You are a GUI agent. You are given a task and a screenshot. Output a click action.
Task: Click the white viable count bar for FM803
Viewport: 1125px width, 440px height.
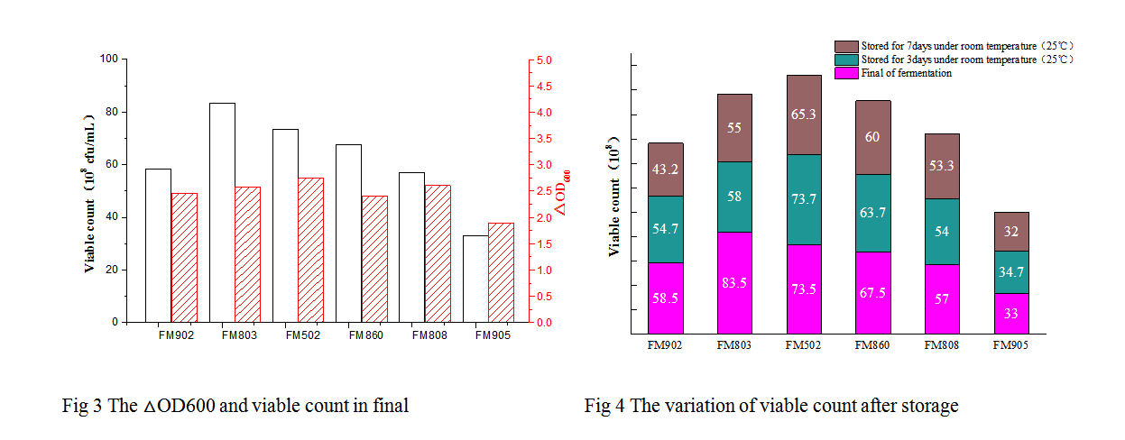pos(222,212)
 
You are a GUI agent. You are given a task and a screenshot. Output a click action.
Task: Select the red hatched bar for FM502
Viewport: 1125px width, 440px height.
pos(311,249)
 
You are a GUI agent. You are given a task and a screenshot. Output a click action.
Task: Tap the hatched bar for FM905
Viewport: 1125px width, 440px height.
pos(501,271)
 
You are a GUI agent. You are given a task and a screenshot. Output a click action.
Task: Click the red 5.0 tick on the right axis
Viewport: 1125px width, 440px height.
pos(545,60)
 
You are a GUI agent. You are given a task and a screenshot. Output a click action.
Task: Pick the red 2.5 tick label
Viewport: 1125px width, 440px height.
pos(545,191)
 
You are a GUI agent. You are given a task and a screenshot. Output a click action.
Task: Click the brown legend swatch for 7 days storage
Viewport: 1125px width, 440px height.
pos(846,46)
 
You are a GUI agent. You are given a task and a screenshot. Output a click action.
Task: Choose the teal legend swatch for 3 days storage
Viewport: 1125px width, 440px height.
pos(846,60)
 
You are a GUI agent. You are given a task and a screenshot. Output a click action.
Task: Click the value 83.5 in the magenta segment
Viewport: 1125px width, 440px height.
pos(734,283)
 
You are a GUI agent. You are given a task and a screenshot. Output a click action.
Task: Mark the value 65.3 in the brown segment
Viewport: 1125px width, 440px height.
pos(804,115)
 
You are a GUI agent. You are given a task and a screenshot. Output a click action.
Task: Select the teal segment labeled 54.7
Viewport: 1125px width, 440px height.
pos(666,229)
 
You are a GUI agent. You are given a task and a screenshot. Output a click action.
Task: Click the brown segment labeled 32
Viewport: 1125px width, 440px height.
pos(1011,232)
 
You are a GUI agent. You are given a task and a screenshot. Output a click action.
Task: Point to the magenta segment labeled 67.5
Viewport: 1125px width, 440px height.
pos(873,292)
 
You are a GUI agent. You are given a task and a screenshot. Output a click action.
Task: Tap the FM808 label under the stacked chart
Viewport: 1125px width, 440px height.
pos(942,344)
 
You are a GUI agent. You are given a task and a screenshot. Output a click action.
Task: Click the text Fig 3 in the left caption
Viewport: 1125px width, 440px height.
pos(76,406)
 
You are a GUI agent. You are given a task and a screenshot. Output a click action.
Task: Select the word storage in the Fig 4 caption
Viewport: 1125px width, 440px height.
pos(928,406)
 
